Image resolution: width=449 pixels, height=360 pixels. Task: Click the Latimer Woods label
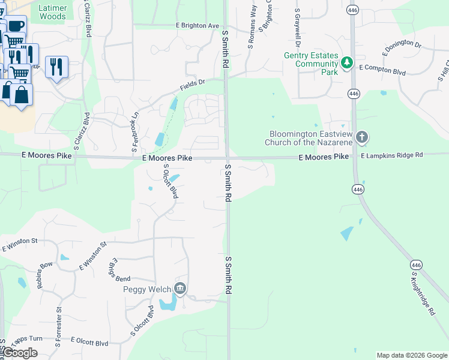pos(52,12)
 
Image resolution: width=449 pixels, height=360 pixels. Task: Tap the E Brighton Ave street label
pos(197,26)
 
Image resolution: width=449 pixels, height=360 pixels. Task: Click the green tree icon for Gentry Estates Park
pos(346,62)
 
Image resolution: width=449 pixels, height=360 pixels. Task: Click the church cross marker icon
pos(361,137)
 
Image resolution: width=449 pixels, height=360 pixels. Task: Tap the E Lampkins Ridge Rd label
pos(392,155)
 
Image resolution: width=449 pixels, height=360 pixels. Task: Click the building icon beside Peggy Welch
pos(180,289)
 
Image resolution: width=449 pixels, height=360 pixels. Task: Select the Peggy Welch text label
pos(147,289)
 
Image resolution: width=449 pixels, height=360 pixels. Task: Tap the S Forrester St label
pos(59,328)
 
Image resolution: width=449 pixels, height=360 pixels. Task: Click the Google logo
pos(20,353)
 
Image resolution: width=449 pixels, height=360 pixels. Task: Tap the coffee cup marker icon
pos(16,26)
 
